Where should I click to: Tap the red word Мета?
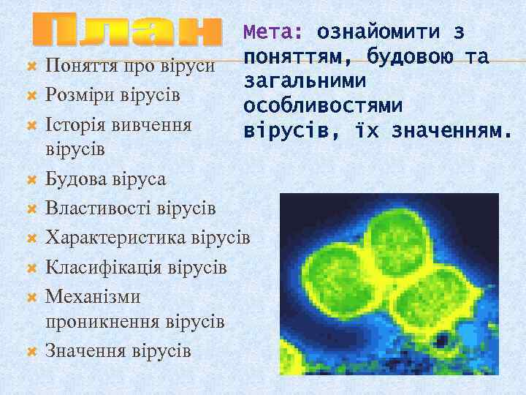[275, 33]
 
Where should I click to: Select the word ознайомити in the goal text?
[378, 33]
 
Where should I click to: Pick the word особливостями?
[324, 107]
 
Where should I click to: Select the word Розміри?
[76, 96]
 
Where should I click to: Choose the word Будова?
[73, 179]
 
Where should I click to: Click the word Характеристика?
[115, 238]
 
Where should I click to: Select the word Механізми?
[93, 297]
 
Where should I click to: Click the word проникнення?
[103, 322]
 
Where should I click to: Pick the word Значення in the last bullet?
[86, 350]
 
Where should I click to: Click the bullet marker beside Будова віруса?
[31, 179]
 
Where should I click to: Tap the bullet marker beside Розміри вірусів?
[31, 96]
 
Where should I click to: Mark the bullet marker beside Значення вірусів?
[31, 350]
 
